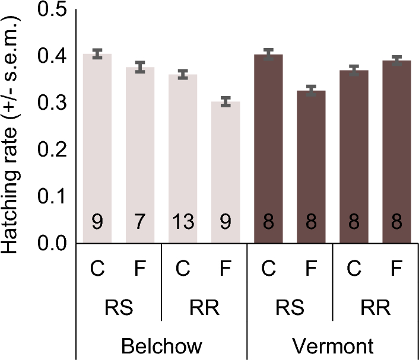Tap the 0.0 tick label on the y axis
(54, 243)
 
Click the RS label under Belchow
(119, 308)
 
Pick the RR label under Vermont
(375, 308)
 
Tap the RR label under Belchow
(204, 308)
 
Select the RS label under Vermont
(290, 308)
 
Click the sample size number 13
(183, 224)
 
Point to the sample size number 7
(140, 224)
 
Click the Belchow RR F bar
(226, 172)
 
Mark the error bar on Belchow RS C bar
(97, 54)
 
